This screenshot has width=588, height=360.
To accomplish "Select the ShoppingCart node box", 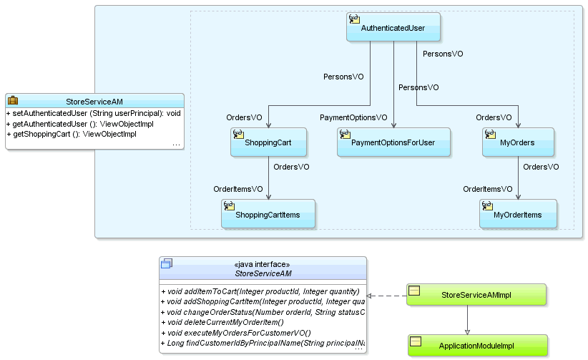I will [x=269, y=142].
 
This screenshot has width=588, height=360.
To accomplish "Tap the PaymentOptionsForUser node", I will [x=393, y=142].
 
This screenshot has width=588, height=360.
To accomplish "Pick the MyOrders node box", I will [x=518, y=142].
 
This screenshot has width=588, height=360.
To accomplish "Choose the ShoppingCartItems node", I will [x=269, y=214].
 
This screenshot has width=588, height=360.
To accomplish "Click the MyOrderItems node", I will [x=518, y=214].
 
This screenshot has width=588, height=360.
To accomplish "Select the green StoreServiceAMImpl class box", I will [x=476, y=294].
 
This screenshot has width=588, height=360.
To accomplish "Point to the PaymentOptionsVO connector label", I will [x=353, y=117].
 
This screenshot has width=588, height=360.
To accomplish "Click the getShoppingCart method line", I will [x=71, y=134].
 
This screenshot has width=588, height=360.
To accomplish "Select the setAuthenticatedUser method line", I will [x=93, y=114].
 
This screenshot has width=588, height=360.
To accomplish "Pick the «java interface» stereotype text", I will [x=263, y=263].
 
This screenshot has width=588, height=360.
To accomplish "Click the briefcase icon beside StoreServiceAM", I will [x=13, y=101].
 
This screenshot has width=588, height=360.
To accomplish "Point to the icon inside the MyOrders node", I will [x=491, y=134].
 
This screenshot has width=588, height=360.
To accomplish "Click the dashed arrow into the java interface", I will [x=386, y=296].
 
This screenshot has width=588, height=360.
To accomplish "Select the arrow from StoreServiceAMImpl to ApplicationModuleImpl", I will [x=467, y=319].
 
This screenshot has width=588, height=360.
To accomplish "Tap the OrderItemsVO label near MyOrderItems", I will [x=487, y=189].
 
